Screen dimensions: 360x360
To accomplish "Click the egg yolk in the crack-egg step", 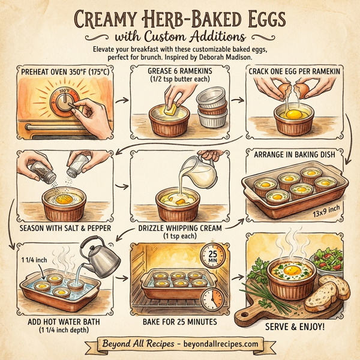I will [293, 114].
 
